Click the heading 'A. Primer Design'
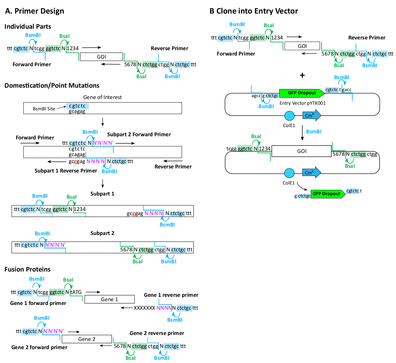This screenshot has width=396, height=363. [x=34, y=11]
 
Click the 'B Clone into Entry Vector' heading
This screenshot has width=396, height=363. [x=254, y=11]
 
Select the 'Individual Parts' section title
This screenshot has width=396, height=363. [x=28, y=26]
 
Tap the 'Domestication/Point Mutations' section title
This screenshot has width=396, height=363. [x=52, y=85]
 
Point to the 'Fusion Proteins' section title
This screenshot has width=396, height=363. [x=27, y=269]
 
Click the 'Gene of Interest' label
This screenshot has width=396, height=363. [x=102, y=97]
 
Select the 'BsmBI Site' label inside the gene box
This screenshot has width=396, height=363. [x=44, y=109]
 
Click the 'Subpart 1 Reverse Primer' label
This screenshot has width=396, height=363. [x=66, y=171]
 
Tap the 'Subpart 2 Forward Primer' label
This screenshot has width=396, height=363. [x=139, y=134]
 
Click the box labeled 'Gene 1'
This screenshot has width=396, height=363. [x=109, y=299]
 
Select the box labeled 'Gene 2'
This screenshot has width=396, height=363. [x=87, y=339]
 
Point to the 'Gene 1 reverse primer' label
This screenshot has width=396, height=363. [x=171, y=295]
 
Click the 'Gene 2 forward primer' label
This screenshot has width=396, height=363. [x=39, y=347]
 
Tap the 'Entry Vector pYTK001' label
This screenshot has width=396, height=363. [x=302, y=103]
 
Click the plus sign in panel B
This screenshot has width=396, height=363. [x=302, y=75]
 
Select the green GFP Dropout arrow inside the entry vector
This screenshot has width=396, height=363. [x=302, y=93]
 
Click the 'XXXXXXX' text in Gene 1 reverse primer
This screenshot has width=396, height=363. [x=144, y=308]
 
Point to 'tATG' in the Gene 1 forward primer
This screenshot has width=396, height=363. [x=76, y=292]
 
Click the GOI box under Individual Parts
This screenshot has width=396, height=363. [x=101, y=57]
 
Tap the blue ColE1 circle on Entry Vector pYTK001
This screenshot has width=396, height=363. [x=289, y=116]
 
